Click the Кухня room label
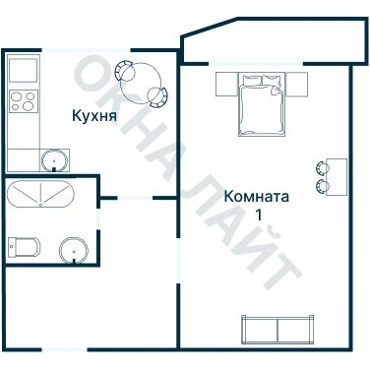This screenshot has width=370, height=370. coord(94,116)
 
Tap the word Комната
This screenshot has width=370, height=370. coord(257,197)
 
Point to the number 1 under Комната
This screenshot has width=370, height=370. coord(259,215)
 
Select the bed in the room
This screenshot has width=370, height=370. coord(261,104)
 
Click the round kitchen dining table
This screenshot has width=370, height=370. coord(141,84)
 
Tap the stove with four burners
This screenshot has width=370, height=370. coord(24,101)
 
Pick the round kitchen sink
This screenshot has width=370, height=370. coord(54,160)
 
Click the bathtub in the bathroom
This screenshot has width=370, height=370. coord(40,194)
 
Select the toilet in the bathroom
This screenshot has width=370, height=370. coord(24,247)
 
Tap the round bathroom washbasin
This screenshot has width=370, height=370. coord(74,250)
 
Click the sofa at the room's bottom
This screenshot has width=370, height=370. coord(277,329)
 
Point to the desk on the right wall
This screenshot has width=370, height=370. coord(337,177)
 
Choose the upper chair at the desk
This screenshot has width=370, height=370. coord(322,168)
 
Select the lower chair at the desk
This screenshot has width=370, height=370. coord(322,186)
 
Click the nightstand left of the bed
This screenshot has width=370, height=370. coord(227,84)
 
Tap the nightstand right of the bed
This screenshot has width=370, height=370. coord(296,84)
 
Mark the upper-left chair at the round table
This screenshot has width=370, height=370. coord(125,71)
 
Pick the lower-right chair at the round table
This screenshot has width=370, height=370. coord(157,96)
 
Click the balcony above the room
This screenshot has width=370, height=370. coord(275,40)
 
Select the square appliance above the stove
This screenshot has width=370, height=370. coord(23,70)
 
